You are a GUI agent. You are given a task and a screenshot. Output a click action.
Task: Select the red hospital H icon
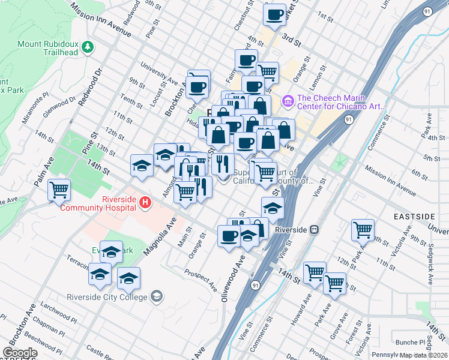(145, 203)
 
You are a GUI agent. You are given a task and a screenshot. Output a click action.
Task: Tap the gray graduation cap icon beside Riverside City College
(157, 296)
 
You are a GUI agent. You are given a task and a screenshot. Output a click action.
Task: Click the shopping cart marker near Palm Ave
(59, 190)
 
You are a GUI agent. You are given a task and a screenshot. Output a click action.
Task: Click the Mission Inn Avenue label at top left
(100, 20)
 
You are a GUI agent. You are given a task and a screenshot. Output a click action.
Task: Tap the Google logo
(20, 353)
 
